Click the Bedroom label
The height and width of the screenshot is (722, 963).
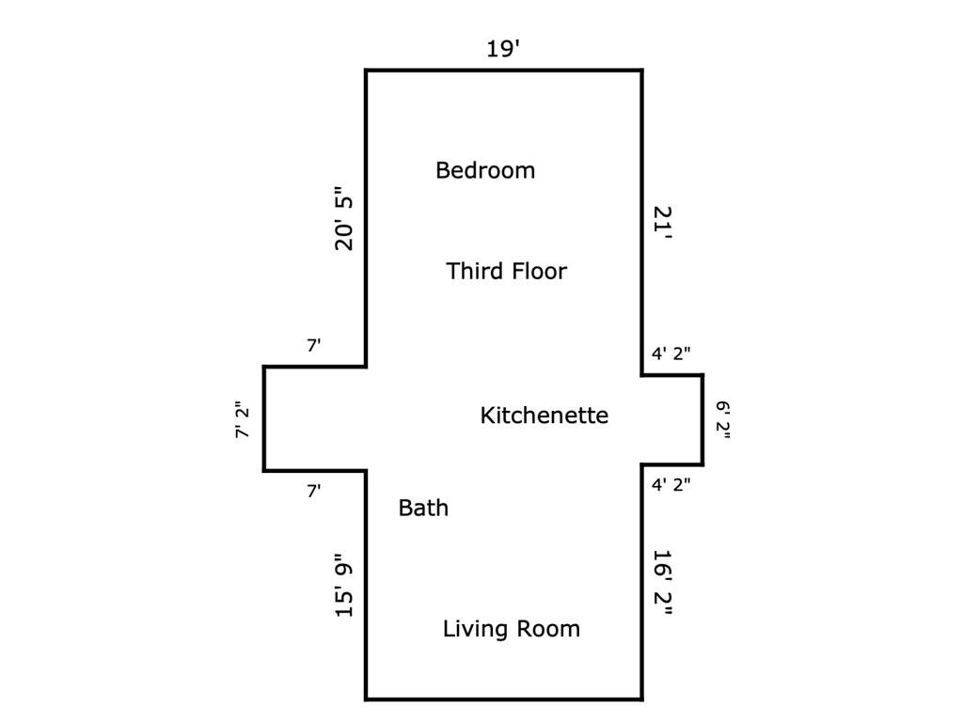point(485,170)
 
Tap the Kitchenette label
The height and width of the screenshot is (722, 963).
point(545,415)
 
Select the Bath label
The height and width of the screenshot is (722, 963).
point(423,508)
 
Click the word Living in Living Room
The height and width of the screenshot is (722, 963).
point(475,629)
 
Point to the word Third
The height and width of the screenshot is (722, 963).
point(472,271)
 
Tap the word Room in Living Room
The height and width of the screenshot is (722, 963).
point(548,629)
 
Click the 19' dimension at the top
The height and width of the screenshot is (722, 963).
point(503,49)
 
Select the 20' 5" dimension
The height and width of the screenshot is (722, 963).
point(344,218)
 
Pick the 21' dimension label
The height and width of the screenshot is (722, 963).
point(663,224)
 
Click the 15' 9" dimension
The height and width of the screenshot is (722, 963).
point(344,585)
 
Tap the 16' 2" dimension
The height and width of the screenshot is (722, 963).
point(663,582)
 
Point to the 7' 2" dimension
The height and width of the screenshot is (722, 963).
point(243,420)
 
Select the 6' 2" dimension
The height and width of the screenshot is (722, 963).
point(723,420)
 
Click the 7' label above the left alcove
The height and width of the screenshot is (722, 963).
point(314,346)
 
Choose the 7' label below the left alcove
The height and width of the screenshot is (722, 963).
point(314,491)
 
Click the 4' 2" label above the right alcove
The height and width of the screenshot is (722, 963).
point(671,353)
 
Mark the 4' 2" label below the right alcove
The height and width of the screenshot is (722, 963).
point(671,484)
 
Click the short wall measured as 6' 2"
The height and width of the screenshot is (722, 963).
point(703,419)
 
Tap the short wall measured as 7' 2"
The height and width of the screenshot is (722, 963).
point(264,418)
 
